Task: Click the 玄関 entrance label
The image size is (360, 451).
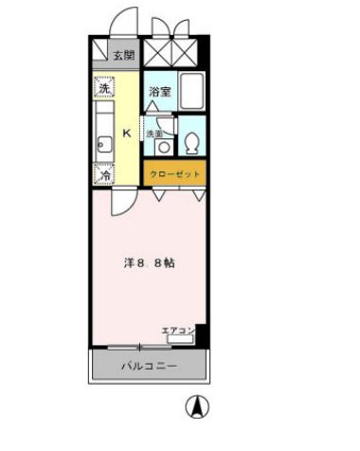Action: pyautogui.click(x=124, y=55)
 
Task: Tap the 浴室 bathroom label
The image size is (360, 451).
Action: pyautogui.click(x=159, y=92)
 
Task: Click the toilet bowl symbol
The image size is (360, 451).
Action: pyautogui.click(x=192, y=142)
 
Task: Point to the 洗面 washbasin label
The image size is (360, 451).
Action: pyautogui.click(x=153, y=134)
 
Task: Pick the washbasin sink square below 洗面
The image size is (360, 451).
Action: pyautogui.click(x=165, y=147)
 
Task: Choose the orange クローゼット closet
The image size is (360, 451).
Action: pyautogui.click(x=174, y=173)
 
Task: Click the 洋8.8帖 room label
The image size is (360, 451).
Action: pyautogui.click(x=148, y=262)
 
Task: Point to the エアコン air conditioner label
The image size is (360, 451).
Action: pyautogui.click(x=177, y=330)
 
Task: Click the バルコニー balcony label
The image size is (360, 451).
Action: pyautogui.click(x=148, y=365)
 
